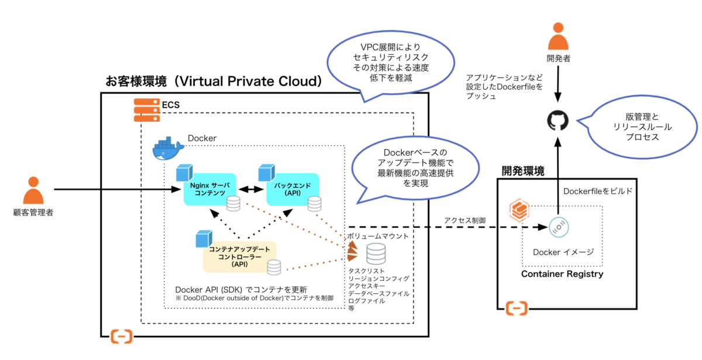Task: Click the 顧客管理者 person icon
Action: click(33, 190)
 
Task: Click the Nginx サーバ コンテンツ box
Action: click(209, 189)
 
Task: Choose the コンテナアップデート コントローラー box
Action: click(239, 256)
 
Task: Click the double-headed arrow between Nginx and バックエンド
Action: click(250, 189)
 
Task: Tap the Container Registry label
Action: click(562, 274)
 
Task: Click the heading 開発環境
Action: click(523, 171)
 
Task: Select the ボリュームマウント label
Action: click(378, 236)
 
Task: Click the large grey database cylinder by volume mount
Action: click(376, 253)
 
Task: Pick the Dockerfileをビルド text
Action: click(597, 191)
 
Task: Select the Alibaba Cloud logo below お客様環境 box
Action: click(122, 336)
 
